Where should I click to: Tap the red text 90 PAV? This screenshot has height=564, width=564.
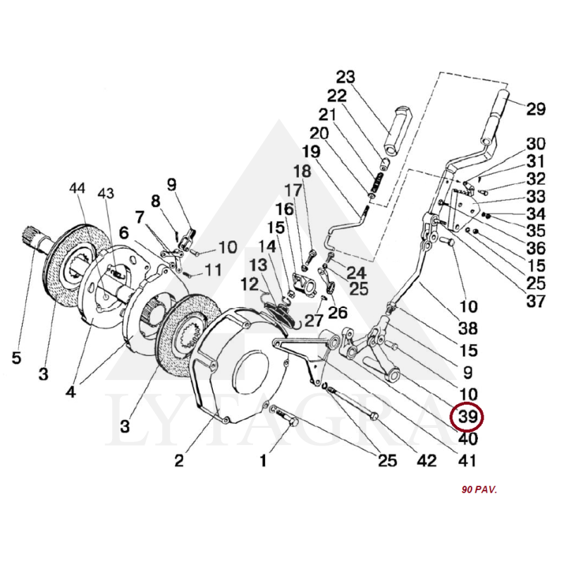pos(479,489)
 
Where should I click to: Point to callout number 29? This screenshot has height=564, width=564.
pos(536,109)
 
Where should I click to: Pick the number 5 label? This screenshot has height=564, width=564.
pos(16,357)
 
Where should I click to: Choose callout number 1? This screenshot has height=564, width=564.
pos(263,461)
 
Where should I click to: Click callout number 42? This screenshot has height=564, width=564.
pos(427,461)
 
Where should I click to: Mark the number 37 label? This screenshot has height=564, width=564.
pos(536,302)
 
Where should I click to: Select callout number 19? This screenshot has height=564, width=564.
pos(311,151)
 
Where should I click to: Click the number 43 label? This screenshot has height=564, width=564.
pos(105,194)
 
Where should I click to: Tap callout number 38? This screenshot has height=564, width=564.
pos(467,329)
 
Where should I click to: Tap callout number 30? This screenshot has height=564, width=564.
pos(536,143)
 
